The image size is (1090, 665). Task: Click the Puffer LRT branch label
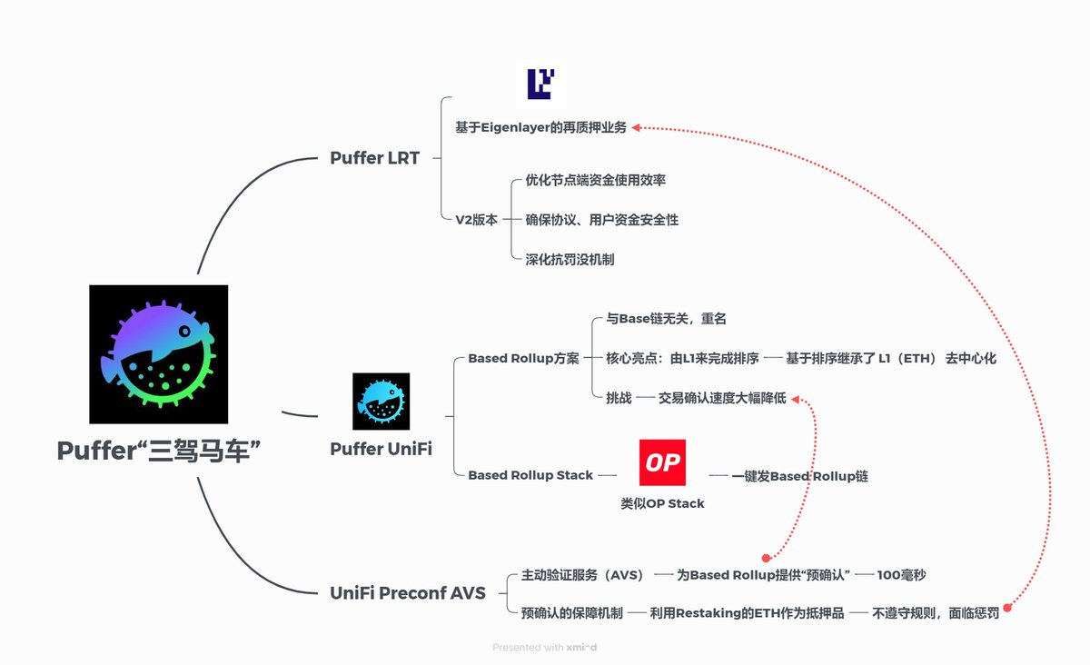click(374, 158)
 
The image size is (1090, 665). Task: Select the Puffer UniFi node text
click(381, 449)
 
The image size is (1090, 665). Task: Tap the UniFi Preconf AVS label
click(408, 593)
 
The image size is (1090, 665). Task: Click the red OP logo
click(662, 462)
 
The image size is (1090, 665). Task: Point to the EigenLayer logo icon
click(540, 84)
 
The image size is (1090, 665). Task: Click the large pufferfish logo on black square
click(159, 354)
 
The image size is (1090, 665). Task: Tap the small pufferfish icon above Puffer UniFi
click(381, 401)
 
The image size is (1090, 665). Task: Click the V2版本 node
click(476, 220)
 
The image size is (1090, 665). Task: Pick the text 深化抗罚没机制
click(570, 259)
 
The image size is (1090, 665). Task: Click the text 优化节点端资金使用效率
click(595, 180)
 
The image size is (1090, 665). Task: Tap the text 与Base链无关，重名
click(666, 319)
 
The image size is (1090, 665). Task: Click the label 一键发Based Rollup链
click(793, 476)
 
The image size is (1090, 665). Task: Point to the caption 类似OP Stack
click(662, 503)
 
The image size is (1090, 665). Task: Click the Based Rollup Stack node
click(530, 475)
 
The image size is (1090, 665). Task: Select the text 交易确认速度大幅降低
click(722, 399)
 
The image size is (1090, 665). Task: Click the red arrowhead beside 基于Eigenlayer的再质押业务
click(637, 128)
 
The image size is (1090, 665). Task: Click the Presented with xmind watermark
click(545, 648)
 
